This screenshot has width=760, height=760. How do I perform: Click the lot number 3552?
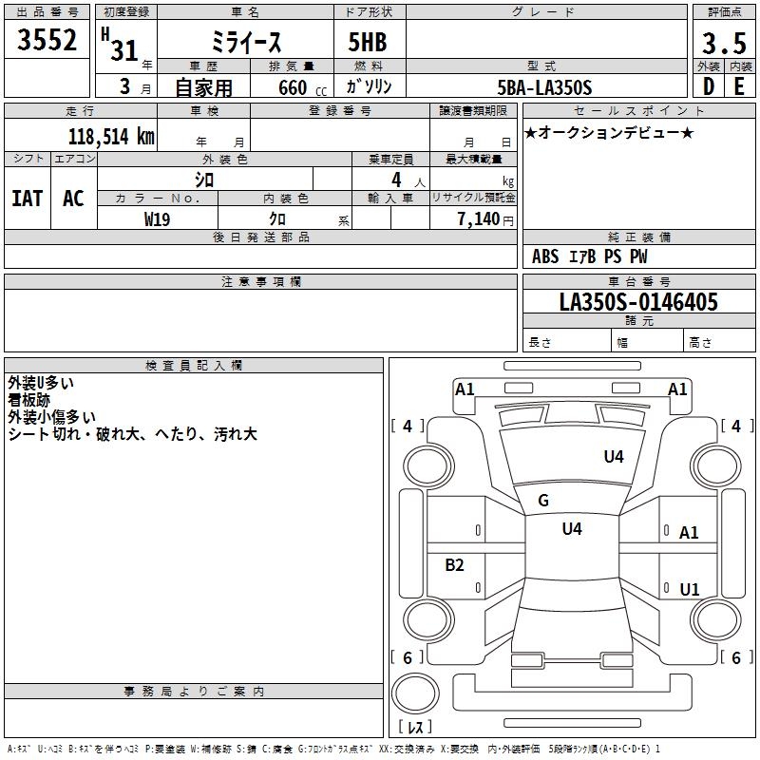point(48,40)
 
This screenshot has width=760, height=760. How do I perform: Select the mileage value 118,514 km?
point(111,137)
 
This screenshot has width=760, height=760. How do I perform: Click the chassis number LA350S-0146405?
point(638,302)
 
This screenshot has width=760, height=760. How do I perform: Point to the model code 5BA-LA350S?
point(544,87)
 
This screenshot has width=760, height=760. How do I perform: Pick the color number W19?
point(158,218)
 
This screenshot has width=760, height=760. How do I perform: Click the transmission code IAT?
point(27,199)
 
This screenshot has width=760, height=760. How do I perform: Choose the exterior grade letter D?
point(708,87)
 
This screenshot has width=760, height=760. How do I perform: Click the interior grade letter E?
point(739,87)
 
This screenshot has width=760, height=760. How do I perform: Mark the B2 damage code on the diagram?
point(455,565)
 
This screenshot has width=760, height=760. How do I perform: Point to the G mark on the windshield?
point(543,501)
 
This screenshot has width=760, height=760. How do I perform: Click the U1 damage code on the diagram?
point(690,590)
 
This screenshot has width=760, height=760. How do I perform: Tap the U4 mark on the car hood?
point(614,457)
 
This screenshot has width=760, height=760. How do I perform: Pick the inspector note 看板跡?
point(28,400)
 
